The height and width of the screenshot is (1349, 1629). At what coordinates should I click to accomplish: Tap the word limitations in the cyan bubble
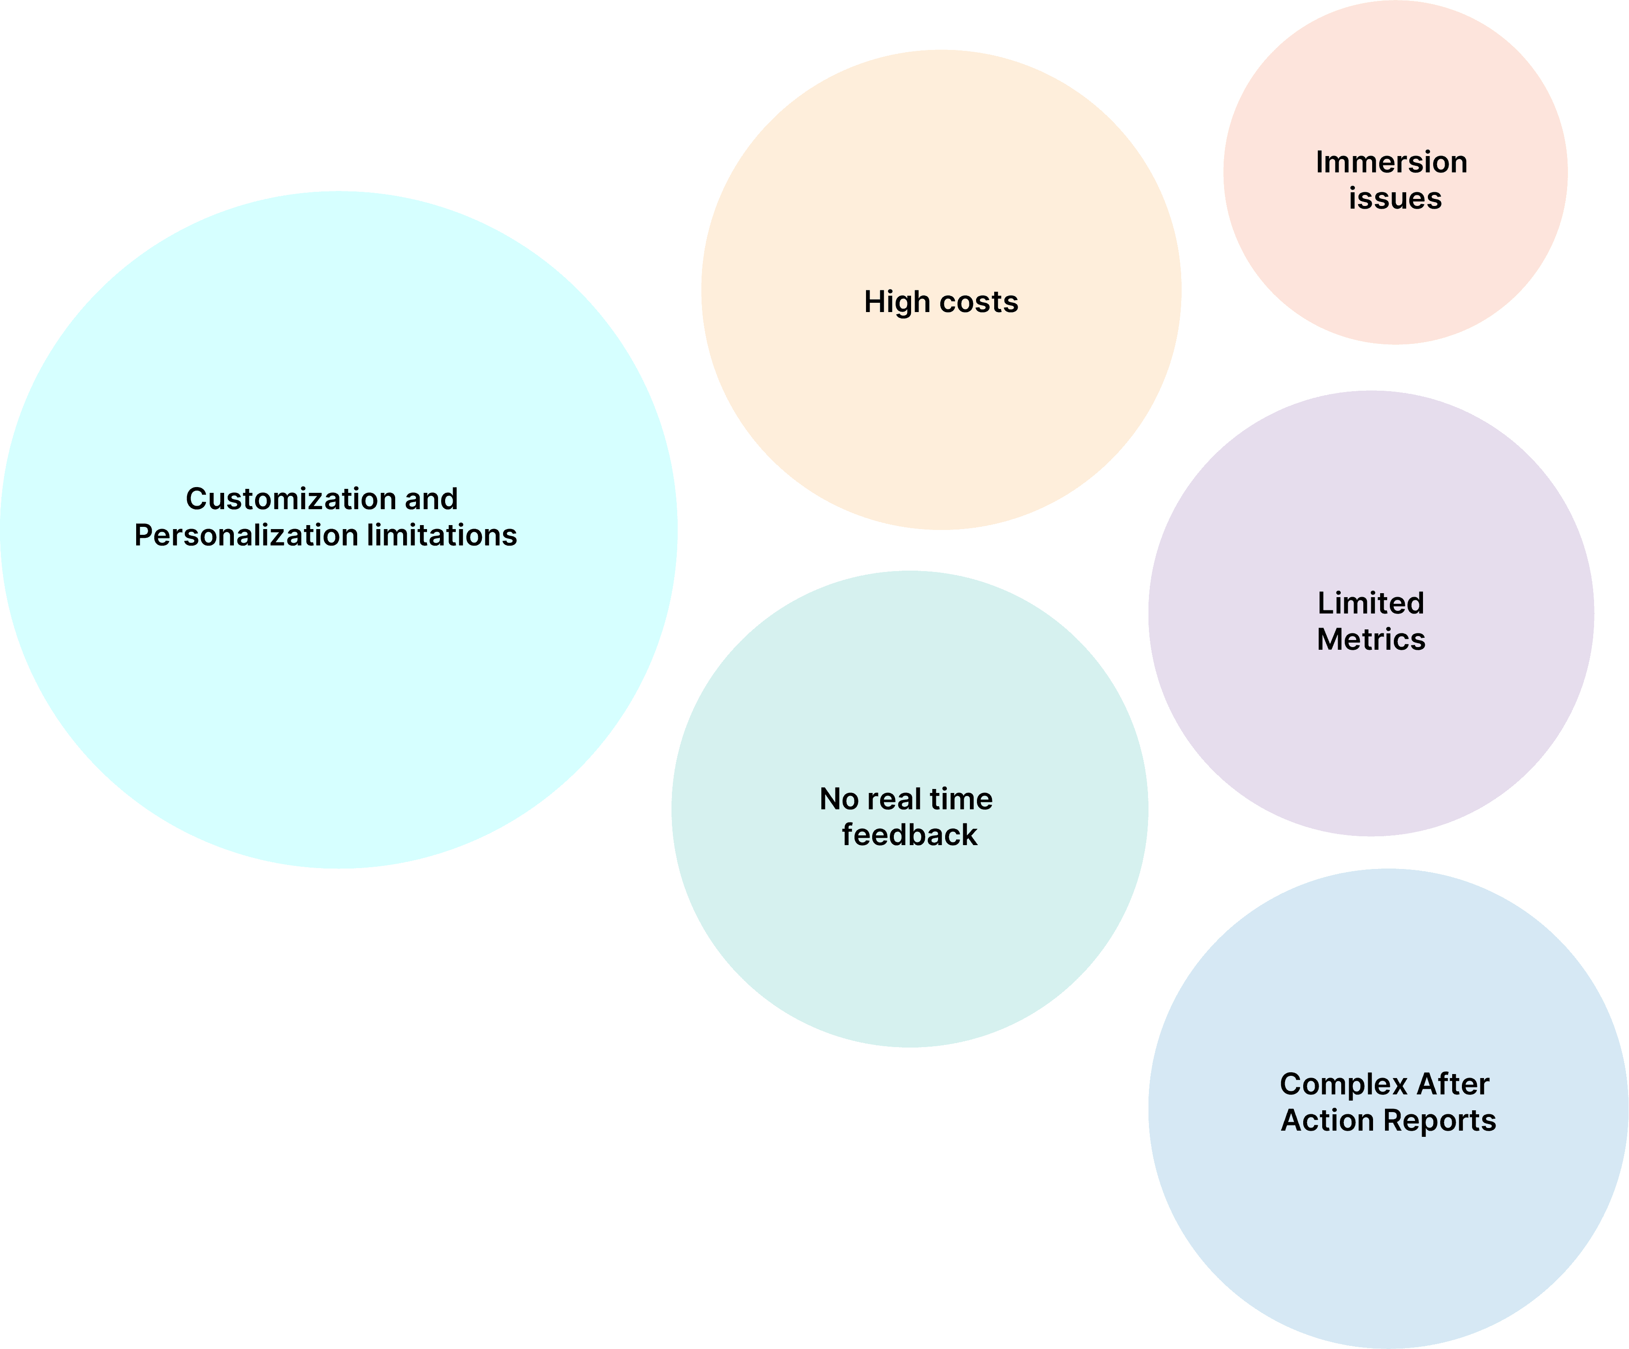441,535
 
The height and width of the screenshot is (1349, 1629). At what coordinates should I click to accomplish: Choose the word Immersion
1392,162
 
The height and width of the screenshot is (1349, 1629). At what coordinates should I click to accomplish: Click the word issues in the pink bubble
1395,198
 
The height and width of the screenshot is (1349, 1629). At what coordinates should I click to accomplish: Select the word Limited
1371,603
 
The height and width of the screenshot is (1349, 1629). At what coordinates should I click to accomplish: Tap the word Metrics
1371,639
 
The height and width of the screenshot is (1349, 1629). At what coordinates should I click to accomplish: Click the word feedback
909,835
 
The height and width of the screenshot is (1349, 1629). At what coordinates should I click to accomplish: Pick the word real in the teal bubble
893,799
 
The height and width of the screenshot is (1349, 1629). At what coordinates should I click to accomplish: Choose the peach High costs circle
941,404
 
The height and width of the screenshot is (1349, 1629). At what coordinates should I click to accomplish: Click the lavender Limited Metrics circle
1371,737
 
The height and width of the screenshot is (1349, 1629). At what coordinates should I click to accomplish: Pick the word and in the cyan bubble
431,499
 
